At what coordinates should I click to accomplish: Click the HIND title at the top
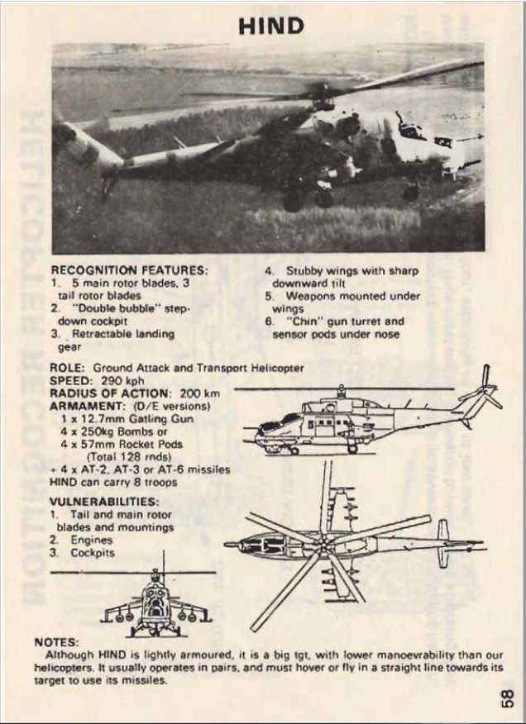[271, 26]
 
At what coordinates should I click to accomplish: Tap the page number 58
[507, 698]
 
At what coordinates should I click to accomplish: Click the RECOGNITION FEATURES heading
[129, 269]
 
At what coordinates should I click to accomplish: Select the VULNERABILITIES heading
[104, 502]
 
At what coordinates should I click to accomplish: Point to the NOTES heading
[56, 642]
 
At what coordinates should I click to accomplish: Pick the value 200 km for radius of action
[199, 393]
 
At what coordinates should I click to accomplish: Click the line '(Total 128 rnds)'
[129, 457]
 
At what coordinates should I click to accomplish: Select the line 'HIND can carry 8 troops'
[113, 483]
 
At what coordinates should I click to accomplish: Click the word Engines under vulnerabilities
[91, 540]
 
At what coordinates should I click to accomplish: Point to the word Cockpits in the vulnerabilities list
[93, 553]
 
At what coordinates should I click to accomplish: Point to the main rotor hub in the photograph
[321, 96]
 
